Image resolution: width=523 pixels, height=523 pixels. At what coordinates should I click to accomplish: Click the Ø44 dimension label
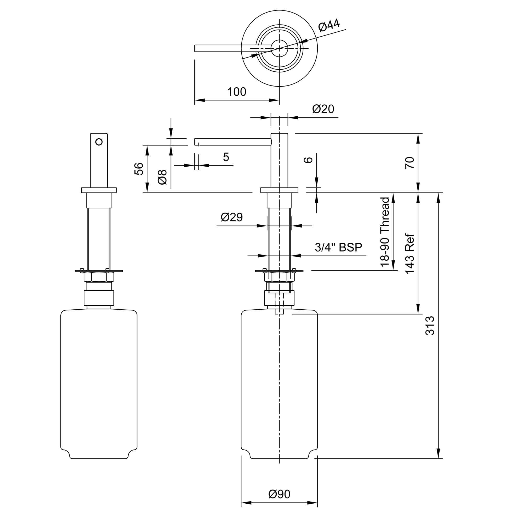(329, 25)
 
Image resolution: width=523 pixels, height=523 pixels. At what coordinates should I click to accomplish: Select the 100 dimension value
(237, 92)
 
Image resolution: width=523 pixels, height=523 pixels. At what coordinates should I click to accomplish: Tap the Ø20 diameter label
(323, 109)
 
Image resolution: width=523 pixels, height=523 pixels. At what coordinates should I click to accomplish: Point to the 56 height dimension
(139, 169)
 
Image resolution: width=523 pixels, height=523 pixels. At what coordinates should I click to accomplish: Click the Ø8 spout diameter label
(162, 177)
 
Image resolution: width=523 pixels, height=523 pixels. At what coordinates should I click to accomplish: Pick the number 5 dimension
(226, 157)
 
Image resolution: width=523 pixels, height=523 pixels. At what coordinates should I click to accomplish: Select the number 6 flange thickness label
(308, 160)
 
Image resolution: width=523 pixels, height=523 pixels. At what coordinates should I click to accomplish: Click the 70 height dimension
(410, 163)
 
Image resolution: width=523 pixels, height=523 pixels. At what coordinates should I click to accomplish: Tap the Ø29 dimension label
(232, 217)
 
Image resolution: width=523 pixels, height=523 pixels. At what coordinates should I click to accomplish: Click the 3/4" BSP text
(338, 247)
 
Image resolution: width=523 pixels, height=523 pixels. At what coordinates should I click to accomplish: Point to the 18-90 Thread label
(385, 232)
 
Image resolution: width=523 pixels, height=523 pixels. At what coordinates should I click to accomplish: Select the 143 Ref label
(410, 254)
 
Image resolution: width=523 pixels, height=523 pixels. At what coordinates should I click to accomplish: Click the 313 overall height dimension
(430, 326)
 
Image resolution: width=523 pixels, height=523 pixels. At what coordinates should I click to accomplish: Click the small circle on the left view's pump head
(99, 141)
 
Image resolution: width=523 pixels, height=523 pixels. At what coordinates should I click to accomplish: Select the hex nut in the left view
(99, 277)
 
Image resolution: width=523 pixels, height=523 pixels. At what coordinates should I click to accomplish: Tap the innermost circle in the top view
(279, 48)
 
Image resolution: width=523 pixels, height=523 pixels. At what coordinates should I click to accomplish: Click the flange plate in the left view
(99, 190)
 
